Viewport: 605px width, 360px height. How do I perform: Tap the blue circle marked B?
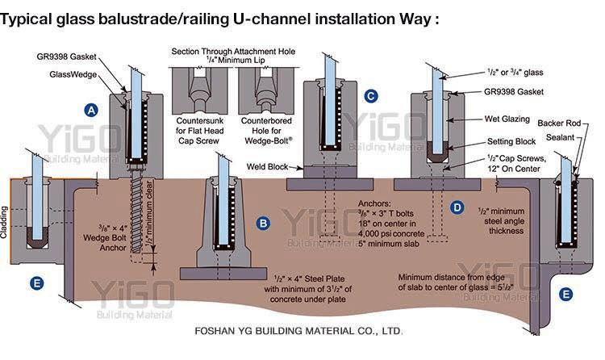click(x=262, y=221)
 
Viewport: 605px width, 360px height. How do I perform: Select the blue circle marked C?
click(x=370, y=96)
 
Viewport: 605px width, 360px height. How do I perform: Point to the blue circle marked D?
click(x=457, y=207)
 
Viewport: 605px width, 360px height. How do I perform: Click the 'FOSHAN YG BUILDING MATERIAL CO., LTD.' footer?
click(x=298, y=332)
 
